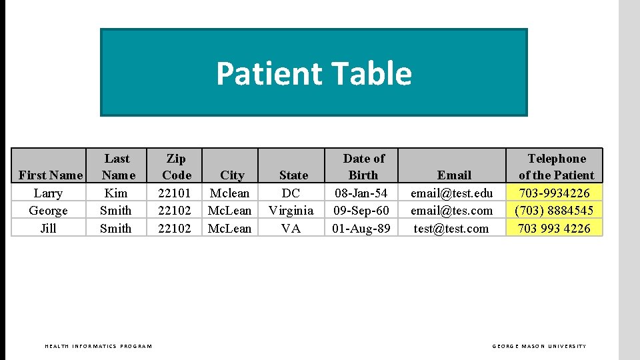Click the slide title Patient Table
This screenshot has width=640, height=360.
tap(313, 73)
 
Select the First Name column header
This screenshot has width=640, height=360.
tap(51, 175)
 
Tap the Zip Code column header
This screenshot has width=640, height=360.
tap(176, 167)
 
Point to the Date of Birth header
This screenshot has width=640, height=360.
tap(363, 167)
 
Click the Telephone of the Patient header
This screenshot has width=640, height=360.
tap(556, 167)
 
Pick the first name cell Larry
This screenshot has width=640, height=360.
tap(48, 193)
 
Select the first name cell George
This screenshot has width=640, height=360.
tap(48, 211)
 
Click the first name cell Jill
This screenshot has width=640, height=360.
tap(48, 228)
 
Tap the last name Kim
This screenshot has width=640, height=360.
tap(116, 193)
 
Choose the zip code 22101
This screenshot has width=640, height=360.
tap(175, 193)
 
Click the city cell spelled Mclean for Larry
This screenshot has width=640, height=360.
tap(229, 193)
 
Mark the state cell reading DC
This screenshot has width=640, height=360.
tap(291, 193)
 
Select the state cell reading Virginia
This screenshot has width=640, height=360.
tap(291, 211)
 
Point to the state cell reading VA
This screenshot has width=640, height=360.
tap(291, 228)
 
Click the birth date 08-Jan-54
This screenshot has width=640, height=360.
tap(361, 193)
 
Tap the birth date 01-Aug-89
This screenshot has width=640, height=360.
tap(361, 228)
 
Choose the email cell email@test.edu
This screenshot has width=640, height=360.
tap(451, 193)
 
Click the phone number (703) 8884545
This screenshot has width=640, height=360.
tap(554, 211)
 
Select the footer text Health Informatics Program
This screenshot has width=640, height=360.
tap(98, 346)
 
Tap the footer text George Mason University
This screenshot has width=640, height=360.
tap(539, 346)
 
